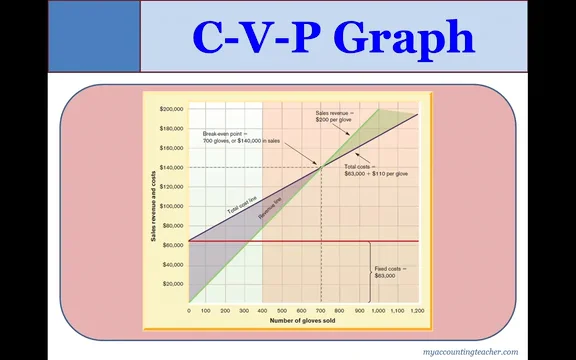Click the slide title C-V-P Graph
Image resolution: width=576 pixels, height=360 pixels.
333,37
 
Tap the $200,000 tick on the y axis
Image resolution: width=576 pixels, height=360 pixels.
172,108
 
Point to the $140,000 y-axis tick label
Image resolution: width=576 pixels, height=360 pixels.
172,167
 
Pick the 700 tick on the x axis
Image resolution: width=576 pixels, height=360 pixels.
320,311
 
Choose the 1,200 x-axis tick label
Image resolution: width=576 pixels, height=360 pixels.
416,311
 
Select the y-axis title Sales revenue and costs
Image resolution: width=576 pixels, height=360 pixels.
154,205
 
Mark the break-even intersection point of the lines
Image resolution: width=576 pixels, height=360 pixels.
321,167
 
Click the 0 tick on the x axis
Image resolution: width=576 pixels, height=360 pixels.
189,311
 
